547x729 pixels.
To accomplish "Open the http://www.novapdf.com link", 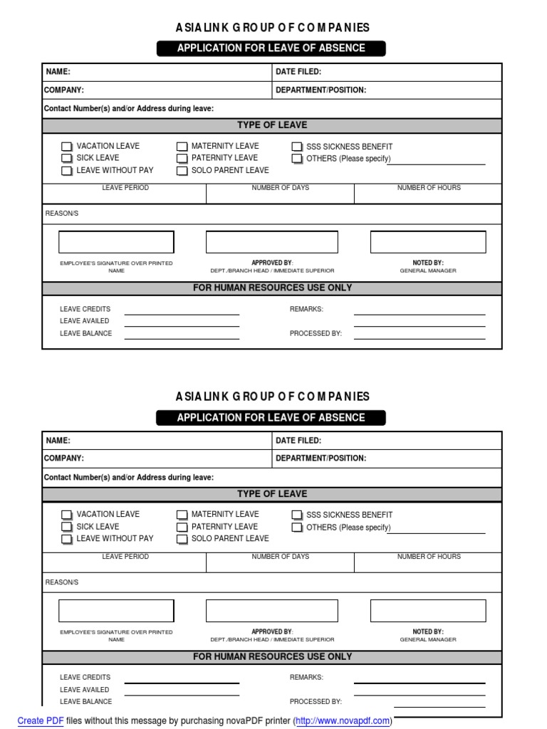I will [x=343, y=720].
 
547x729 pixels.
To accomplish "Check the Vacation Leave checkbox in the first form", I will [x=66, y=147].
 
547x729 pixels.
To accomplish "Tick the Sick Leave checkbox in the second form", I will [x=66, y=527].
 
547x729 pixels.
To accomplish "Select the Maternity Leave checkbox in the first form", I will [x=182, y=147].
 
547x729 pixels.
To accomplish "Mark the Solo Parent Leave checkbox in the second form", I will [x=182, y=539].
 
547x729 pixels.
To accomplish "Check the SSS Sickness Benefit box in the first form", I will [x=297, y=147].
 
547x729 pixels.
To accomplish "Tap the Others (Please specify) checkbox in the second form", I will [x=297, y=528].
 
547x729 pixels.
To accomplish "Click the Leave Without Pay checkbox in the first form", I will [x=66, y=171].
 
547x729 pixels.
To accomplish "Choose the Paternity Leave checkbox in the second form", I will [x=182, y=527].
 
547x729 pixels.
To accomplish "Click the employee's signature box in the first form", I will [x=116, y=242].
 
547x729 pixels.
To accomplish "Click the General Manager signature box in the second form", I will [x=428, y=611].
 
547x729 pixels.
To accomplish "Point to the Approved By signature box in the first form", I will [x=272, y=242].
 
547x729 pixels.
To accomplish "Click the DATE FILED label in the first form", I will [x=298, y=72].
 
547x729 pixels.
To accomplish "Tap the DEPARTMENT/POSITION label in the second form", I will [x=321, y=458].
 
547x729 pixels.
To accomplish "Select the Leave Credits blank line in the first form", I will [x=182, y=312].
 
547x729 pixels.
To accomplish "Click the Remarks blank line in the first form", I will [x=420, y=312].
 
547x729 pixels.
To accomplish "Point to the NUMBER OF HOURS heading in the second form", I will [x=429, y=557].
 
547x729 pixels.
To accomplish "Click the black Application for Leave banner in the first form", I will [x=271, y=48].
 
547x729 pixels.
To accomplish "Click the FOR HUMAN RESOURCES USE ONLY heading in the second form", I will [x=272, y=657].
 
